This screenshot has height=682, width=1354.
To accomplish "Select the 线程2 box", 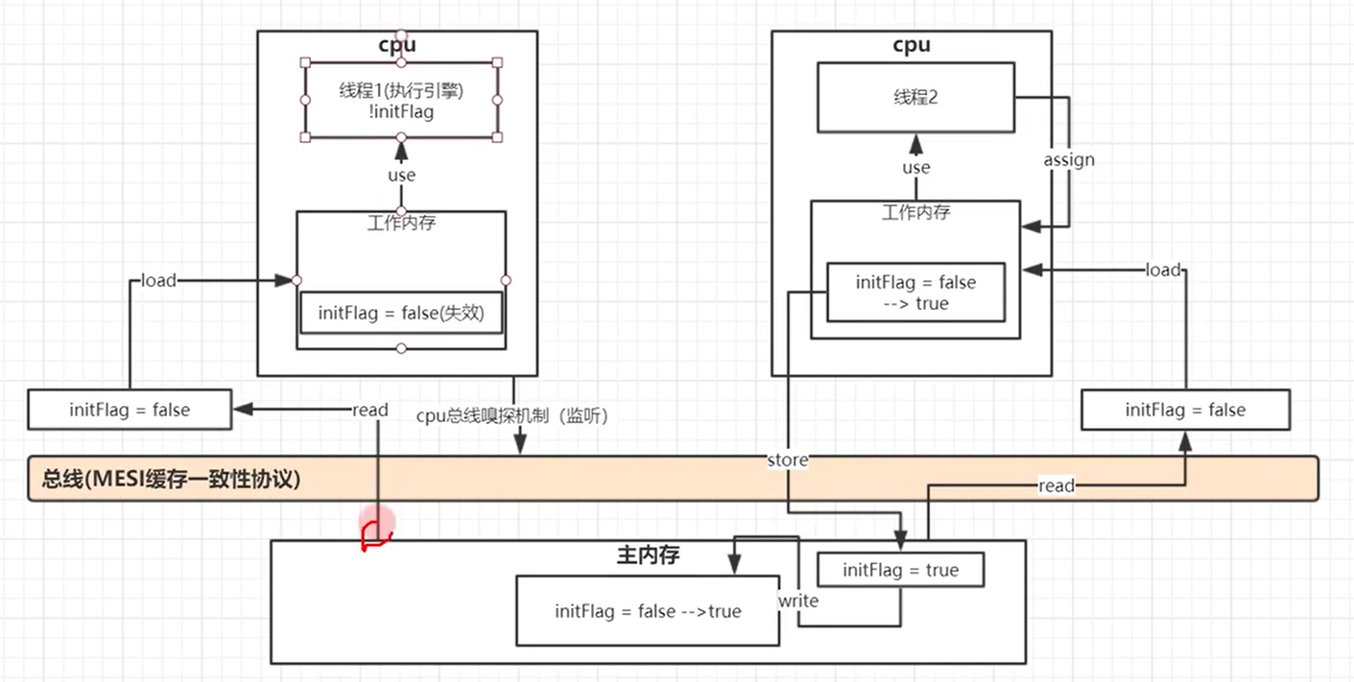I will [915, 97].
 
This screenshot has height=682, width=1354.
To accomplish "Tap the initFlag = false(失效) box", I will [401, 313].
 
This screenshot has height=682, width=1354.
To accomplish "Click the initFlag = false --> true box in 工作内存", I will [915, 293].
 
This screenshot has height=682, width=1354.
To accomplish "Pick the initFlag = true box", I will [900, 570].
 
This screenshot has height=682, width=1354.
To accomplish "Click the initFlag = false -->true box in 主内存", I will [648, 611].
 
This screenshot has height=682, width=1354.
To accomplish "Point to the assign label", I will [1069, 159].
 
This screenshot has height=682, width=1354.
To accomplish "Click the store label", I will [788, 460].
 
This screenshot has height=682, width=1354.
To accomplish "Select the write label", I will [798, 600].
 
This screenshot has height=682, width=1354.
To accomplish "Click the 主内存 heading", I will [647, 554].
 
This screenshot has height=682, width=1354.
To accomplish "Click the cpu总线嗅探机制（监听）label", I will [512, 416].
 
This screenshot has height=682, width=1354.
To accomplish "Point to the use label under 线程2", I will [916, 168].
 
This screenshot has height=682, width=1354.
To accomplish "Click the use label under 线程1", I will [401, 175].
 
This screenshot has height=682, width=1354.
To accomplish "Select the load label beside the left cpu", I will [158, 280].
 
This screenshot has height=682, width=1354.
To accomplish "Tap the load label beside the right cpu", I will [1162, 270].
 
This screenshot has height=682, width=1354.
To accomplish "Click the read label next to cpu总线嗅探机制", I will [369, 410].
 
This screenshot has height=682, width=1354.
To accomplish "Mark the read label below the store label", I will [1056, 486].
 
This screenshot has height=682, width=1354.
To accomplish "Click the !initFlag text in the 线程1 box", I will [401, 112].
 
